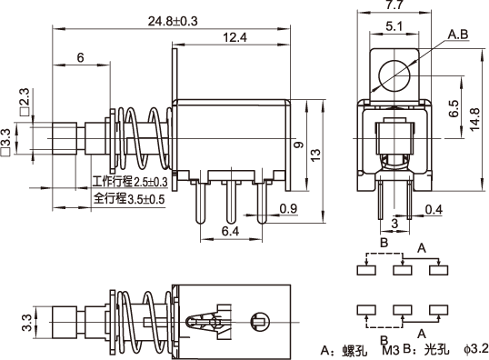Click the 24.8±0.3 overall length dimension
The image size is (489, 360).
point(173,21)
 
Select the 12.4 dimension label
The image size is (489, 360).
point(235,37)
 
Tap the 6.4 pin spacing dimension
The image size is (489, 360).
point(231,231)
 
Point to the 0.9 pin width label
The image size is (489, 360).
point(288,208)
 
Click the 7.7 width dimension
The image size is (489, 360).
point(394,5)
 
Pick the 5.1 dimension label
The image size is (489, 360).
point(394,26)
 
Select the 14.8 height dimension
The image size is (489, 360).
point(474,119)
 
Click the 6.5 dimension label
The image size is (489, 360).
point(454,108)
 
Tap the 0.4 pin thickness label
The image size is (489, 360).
point(434,210)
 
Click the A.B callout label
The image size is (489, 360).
point(458,35)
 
